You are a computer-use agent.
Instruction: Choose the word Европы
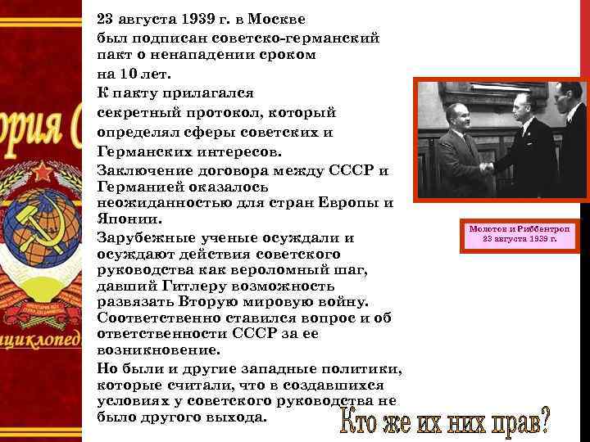pos(361,202)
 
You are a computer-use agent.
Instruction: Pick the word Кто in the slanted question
pos(356,423)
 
